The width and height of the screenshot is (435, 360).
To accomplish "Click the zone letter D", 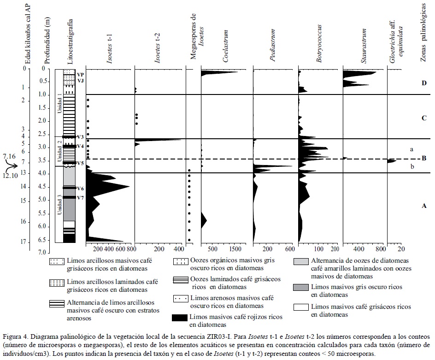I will coord(423,83).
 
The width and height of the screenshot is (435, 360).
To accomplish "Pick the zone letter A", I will coord(423,206).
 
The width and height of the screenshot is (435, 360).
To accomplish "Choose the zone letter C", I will coord(423,118).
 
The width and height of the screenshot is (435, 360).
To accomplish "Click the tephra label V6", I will coord(80,189).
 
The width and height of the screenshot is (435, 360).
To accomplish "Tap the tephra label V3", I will coord(80,137).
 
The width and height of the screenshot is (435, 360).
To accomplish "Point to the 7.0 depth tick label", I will coord(42,253).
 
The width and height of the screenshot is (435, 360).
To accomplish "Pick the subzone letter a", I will coord(411,150).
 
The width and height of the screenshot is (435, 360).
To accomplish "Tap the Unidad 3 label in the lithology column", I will coord(59,205).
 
